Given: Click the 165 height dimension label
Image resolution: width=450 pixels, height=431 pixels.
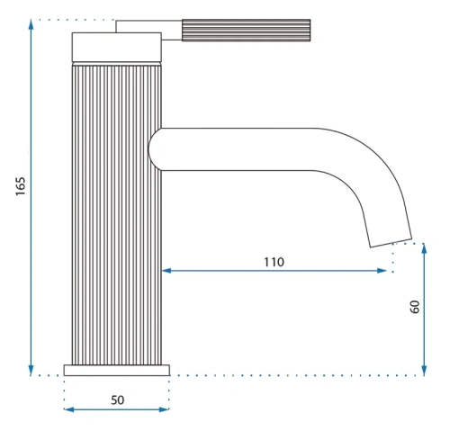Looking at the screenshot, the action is click(x=21, y=186).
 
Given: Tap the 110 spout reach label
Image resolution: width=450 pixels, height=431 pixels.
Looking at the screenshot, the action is click(x=274, y=262).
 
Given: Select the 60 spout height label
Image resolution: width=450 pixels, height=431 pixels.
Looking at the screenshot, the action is click(x=415, y=307).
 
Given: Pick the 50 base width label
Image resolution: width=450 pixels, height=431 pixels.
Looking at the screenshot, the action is click(x=117, y=400).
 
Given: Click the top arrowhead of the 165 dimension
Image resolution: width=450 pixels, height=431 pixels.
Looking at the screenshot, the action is click(x=31, y=24).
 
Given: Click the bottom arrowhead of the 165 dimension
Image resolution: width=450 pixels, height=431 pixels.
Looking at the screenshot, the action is click(x=31, y=371).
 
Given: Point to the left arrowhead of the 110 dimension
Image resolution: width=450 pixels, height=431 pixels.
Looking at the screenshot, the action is click(x=166, y=271).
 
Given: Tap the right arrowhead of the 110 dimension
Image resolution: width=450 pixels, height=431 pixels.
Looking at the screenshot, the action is click(x=382, y=271).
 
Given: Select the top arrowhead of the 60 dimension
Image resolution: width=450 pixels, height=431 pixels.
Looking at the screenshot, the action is click(x=424, y=248).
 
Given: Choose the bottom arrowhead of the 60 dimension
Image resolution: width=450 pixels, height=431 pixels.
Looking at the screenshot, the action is click(x=424, y=371).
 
